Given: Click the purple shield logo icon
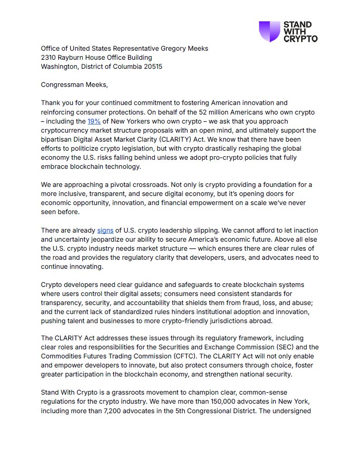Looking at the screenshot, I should click(269, 32).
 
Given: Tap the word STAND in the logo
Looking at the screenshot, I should click(297, 25).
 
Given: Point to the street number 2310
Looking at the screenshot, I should click(49, 57).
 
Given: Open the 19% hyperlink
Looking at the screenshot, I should click(94, 121).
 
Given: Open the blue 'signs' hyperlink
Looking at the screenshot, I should click(105, 230).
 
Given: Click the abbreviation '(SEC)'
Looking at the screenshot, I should click(284, 347).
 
